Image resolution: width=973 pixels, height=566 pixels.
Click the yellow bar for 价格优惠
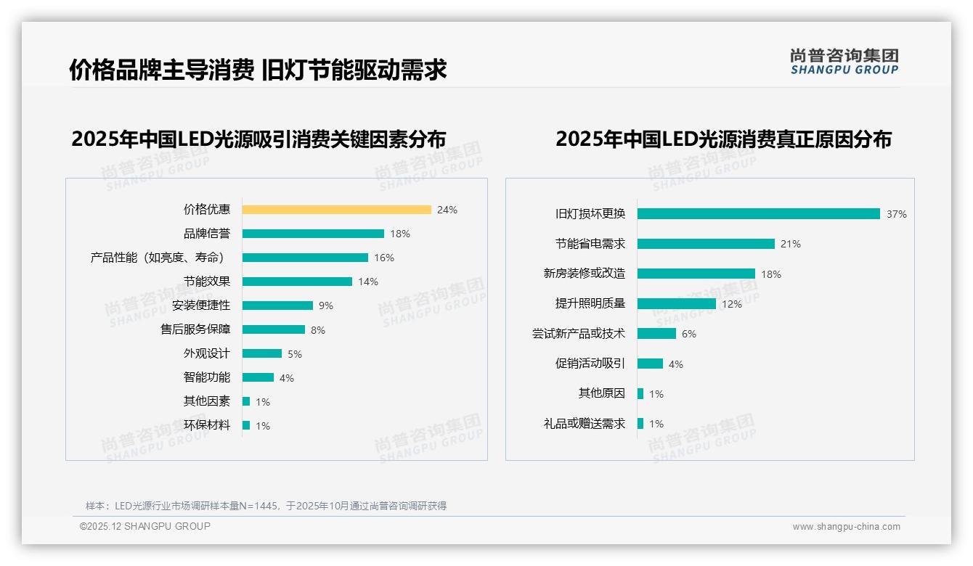tap(336, 210)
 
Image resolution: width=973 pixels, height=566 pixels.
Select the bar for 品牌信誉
tap(313, 234)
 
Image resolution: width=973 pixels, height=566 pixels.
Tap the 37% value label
tap(896, 214)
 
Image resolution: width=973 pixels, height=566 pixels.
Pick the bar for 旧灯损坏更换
tap(758, 214)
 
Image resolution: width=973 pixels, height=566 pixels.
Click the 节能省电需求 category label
tap(590, 244)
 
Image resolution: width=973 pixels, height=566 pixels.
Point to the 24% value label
tap(447, 210)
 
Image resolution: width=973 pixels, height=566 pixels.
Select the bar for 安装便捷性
tap(277, 305)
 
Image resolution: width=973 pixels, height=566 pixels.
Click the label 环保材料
tap(206, 425)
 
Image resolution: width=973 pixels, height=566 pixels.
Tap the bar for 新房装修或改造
tap(696, 274)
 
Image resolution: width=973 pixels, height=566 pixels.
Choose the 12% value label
tap(731, 304)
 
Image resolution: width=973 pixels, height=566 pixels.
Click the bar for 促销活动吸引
tap(650, 364)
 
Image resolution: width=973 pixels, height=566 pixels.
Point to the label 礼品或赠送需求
tap(584, 424)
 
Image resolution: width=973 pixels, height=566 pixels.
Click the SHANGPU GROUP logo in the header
tap(844, 62)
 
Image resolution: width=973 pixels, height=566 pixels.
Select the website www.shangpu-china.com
tap(846, 527)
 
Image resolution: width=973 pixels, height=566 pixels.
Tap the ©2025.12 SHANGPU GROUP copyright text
tap(144, 526)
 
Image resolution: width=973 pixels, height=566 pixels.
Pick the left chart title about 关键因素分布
tap(258, 139)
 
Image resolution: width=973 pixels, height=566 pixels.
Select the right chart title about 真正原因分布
tap(723, 139)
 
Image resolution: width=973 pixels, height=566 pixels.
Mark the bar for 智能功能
tap(258, 377)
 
